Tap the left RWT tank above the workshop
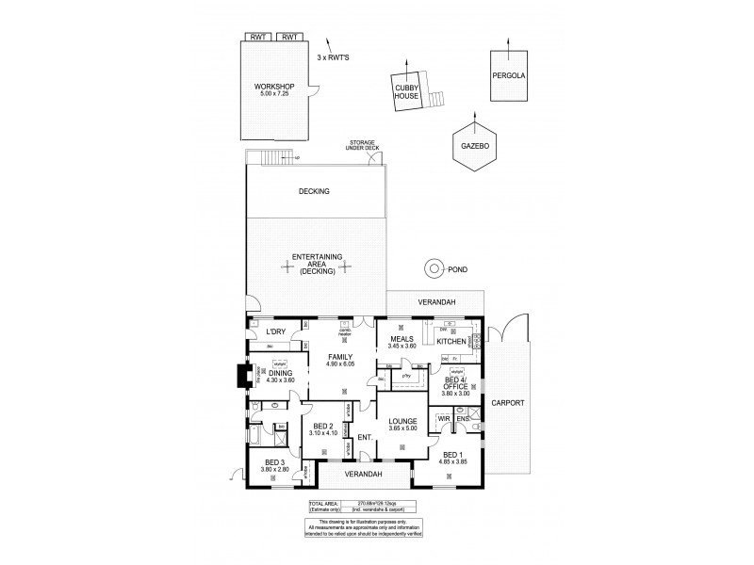tap(257, 37)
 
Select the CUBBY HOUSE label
tap(407, 92)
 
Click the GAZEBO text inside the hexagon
tap(472, 148)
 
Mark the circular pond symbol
tap(434, 268)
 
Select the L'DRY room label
tap(275, 331)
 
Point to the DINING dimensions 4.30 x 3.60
tap(280, 379)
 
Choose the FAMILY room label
tap(340, 357)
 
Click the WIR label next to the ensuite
tap(442, 418)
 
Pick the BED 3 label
tap(274, 461)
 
